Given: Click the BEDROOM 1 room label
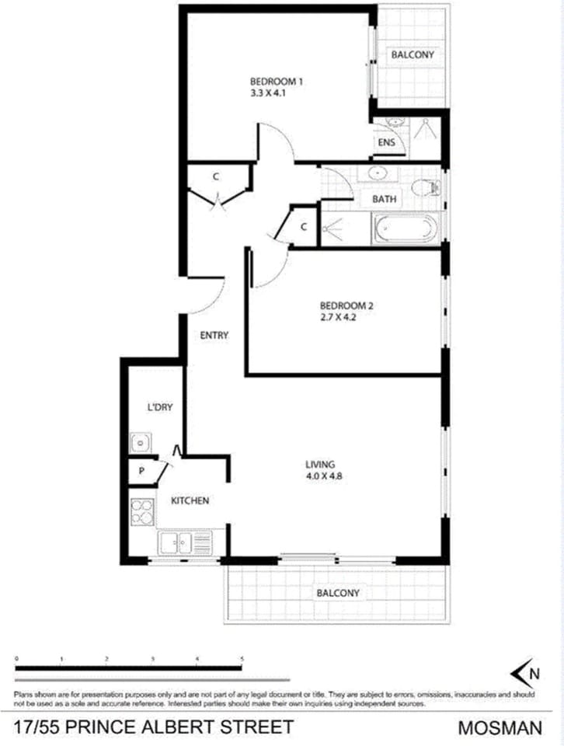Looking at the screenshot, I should [276, 81].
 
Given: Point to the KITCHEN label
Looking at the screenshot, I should [190, 501].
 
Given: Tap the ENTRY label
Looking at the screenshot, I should [214, 336].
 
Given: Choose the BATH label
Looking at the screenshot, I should [384, 199].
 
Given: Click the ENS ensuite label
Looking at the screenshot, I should [386, 144].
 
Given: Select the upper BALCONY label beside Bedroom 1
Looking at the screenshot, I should [412, 55].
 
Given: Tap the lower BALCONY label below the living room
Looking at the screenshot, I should [338, 593].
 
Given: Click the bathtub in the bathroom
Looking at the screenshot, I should [405, 229].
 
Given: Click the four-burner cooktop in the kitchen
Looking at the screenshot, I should [142, 511].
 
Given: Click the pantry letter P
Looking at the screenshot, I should [141, 471].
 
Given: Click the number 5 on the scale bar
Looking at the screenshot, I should [242, 659].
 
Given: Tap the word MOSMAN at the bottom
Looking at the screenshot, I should [500, 728].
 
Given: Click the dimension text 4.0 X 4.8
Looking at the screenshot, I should [325, 478].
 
